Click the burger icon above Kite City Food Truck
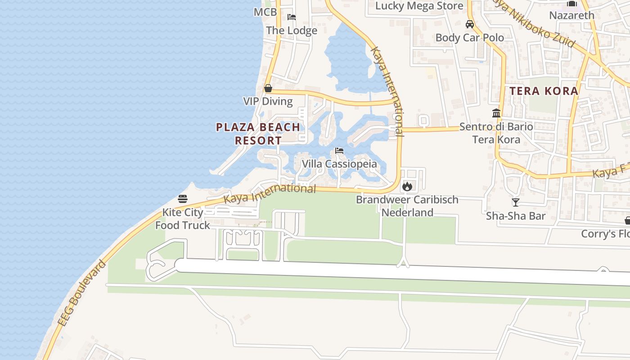click(x=183, y=198)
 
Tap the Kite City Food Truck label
click(x=183, y=219)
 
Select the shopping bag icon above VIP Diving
click(x=268, y=88)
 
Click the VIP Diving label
click(x=268, y=101)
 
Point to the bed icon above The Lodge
click(x=292, y=17)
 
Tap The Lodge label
click(x=292, y=31)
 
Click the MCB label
click(x=265, y=12)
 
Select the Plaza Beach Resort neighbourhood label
click(x=258, y=134)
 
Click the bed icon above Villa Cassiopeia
click(x=339, y=151)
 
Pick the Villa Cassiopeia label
click(x=339, y=164)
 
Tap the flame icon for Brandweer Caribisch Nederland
click(x=407, y=186)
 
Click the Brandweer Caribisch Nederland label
click(x=407, y=206)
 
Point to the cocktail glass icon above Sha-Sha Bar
click(x=516, y=202)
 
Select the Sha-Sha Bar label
click(x=516, y=216)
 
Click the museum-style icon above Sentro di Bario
click(x=496, y=113)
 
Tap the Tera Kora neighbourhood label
click(x=544, y=91)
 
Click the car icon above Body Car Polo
click(x=470, y=24)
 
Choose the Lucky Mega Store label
click(x=419, y=6)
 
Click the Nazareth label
click(x=571, y=15)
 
